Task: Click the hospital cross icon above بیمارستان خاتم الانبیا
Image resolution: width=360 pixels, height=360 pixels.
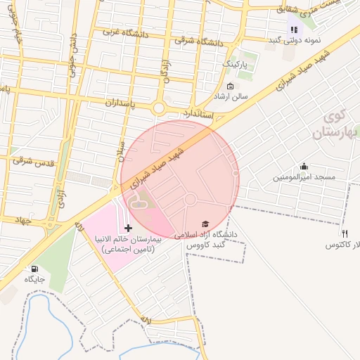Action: tap(128, 228)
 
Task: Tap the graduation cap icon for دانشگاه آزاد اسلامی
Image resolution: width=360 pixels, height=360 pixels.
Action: tap(205, 223)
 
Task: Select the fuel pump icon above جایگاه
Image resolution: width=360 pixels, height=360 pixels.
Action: tap(34, 268)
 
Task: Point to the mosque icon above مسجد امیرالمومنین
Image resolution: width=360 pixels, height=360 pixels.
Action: tap(304, 167)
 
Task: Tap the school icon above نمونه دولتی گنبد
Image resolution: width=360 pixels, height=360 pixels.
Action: tap(294, 30)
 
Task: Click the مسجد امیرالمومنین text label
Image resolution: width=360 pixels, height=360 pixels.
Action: tap(304, 177)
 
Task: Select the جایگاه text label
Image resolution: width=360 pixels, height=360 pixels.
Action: tap(34, 279)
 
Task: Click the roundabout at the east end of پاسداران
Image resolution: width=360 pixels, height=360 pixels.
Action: tap(159, 108)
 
